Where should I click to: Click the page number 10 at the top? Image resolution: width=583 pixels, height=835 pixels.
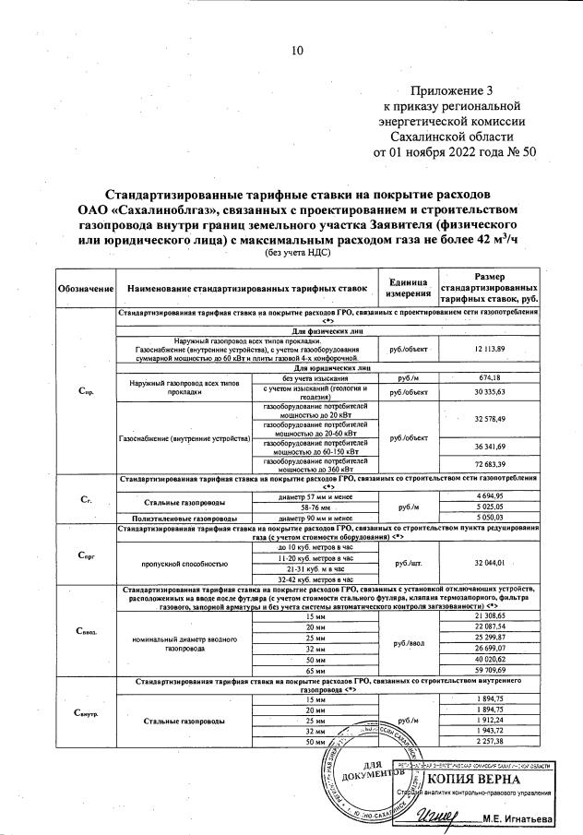pos(297,52)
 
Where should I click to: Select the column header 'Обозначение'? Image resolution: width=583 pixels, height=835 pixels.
pos(86,290)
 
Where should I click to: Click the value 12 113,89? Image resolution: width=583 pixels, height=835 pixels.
pos(490,349)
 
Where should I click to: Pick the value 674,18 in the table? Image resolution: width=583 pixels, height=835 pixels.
pos(490,378)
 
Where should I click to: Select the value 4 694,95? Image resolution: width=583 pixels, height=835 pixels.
pos(490,495)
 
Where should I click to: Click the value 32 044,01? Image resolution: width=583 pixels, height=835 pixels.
pos(490,562)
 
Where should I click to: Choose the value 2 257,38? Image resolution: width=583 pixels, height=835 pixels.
pos(490,741)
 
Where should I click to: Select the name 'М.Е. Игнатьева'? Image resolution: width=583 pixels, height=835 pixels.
pos(529,819)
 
